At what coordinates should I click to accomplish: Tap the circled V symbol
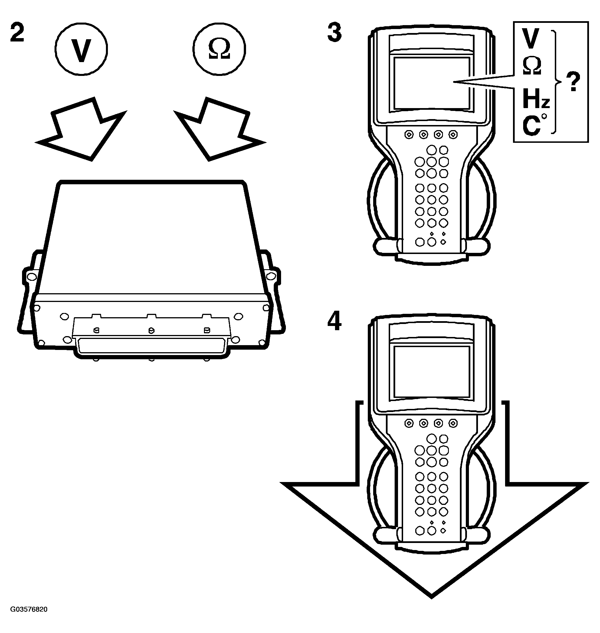pyautogui.click(x=81, y=49)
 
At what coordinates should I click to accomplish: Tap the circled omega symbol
pyautogui.click(x=219, y=49)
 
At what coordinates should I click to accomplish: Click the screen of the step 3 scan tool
pyautogui.click(x=432, y=83)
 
